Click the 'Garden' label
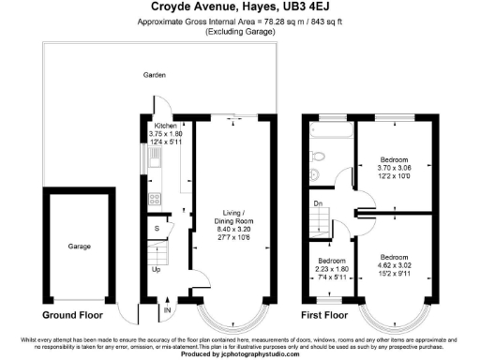[x=154, y=74]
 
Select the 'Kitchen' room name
[x=166, y=126]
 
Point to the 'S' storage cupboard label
[x=157, y=228]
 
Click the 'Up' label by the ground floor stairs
[x=156, y=270]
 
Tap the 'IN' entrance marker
[x=168, y=310]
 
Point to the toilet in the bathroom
[x=314, y=174]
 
